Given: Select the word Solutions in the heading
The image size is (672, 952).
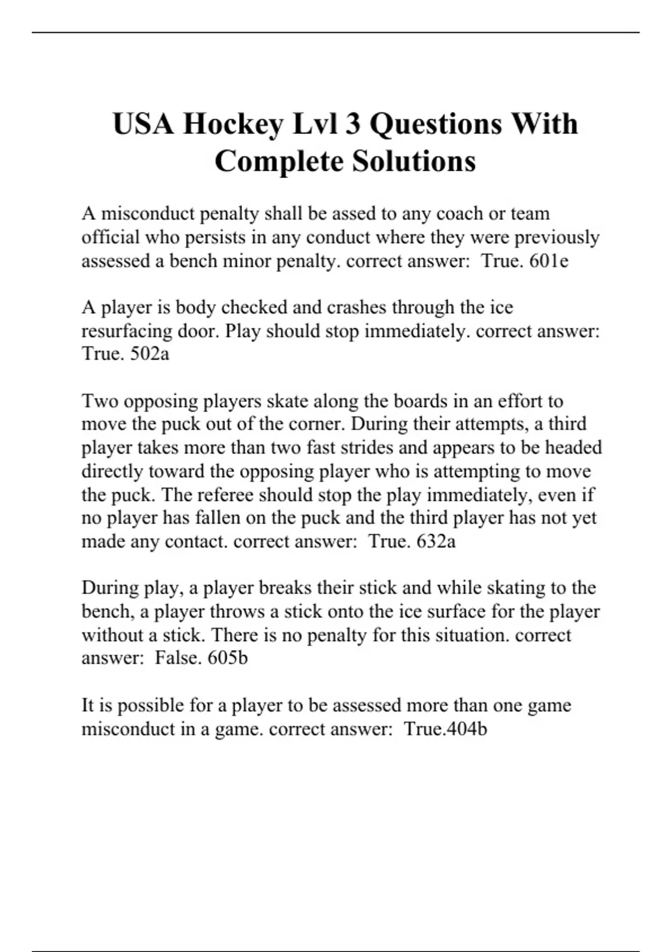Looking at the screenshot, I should pyautogui.click(x=414, y=161).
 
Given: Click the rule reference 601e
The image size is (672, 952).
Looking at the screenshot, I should pyautogui.click(x=549, y=261).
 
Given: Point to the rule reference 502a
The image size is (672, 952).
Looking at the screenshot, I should pyautogui.click(x=149, y=354).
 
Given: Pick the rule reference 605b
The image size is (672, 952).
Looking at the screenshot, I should pyautogui.click(x=227, y=657).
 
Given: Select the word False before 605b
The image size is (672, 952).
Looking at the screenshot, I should pyautogui.click(x=178, y=657).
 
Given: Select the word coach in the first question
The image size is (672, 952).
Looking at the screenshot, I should pyautogui.click(x=459, y=213).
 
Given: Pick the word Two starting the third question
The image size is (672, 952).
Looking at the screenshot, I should pyautogui.click(x=100, y=402).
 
